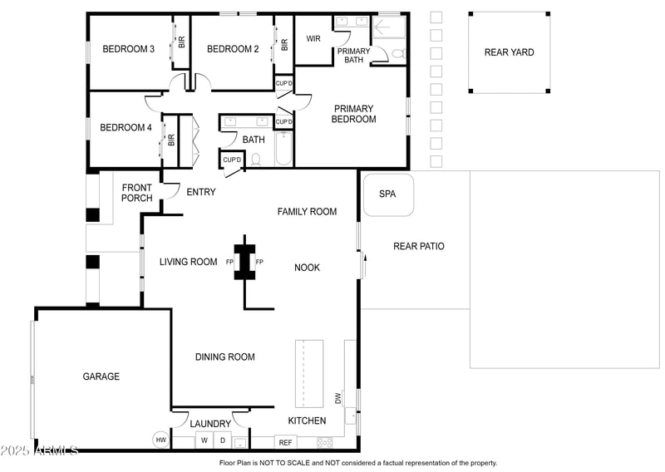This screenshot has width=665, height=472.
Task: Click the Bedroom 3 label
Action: tap(128, 49)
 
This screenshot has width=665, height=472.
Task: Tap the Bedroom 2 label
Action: tap(233, 49)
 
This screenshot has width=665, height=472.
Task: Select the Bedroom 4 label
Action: tap(126, 128)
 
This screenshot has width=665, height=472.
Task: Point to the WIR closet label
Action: tap(313, 39)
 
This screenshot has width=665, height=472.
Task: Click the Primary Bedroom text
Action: tap(354, 114)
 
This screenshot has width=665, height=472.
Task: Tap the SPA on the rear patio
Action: tap(387, 194)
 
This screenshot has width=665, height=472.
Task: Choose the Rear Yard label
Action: tap(509, 52)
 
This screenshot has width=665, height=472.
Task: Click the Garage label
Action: tap(101, 376)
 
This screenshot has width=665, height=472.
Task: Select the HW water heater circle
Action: tap(161, 440)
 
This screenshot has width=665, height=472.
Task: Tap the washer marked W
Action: tap(204, 441)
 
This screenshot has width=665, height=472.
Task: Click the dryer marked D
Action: tap(222, 441)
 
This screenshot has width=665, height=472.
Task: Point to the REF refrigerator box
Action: tap(285, 443)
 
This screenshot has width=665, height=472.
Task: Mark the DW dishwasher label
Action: tap(338, 398)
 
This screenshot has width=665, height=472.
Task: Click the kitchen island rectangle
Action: tap(309, 373)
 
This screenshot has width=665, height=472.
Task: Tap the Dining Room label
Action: tap(224, 357)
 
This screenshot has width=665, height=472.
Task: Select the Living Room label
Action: tap(188, 262)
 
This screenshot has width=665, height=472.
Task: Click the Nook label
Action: tap(307, 268)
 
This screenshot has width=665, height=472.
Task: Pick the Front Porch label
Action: tap(137, 193)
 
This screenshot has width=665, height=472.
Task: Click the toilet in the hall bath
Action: tap(256, 159)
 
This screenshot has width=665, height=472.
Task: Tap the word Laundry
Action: tap(210, 424)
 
